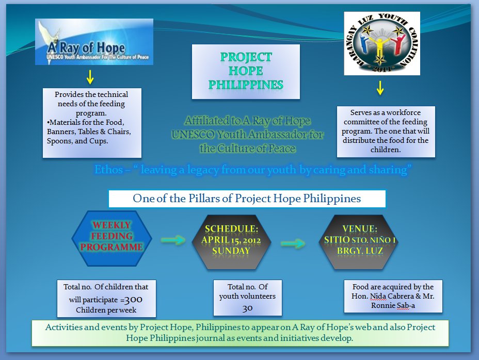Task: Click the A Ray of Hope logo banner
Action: pos(94,42)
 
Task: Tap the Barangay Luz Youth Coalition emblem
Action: pos(382,43)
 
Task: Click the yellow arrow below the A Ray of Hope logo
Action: pos(90,77)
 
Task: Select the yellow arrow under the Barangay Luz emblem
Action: pos(380,88)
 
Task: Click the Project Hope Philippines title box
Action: pos(246,72)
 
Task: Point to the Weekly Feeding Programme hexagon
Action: pos(112,238)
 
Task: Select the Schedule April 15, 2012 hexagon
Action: pos(231,242)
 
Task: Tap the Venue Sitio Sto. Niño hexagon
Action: pos(359,242)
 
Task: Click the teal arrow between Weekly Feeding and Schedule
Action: pos(173,240)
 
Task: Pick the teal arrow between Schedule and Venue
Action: pos(293,243)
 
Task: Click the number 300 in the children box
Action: pos(134,300)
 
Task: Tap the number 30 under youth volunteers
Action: pos(247,308)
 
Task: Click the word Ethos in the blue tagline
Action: pos(109,169)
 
